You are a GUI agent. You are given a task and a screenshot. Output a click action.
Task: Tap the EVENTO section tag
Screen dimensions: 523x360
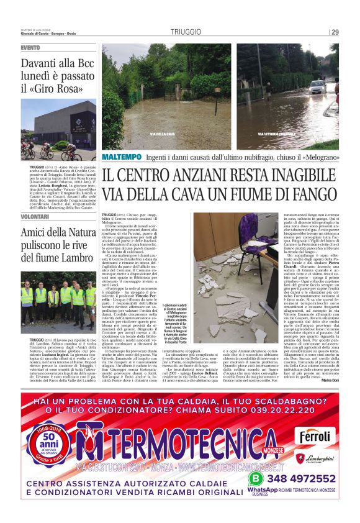30,48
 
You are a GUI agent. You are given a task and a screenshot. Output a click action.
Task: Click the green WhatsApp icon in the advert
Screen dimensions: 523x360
256,479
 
